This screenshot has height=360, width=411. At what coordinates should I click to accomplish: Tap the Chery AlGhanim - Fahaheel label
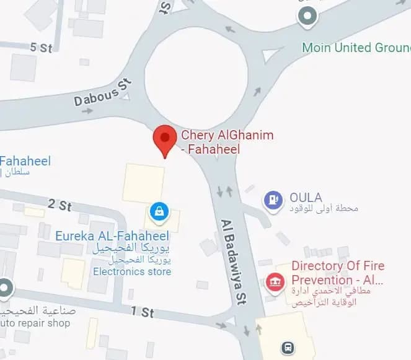click(x=226, y=142)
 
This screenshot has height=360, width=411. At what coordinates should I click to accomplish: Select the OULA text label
click(x=306, y=198)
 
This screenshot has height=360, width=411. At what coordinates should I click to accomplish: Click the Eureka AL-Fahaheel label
click(x=112, y=236)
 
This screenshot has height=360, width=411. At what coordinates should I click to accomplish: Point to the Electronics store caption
click(x=132, y=271)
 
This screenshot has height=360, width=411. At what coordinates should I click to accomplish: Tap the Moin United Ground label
click(x=356, y=48)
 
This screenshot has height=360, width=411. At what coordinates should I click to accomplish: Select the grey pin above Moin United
click(x=306, y=15)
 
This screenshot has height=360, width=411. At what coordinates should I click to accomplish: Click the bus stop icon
click(x=288, y=348)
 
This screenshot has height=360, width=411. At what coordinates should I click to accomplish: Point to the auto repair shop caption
click(x=35, y=323)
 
